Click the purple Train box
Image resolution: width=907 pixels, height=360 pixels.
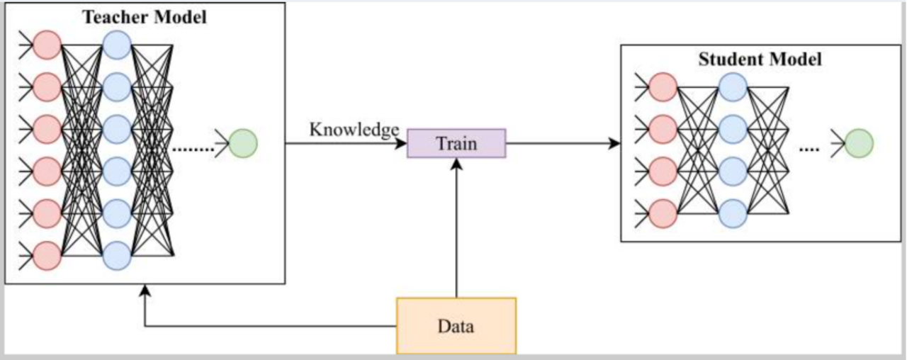[x=456, y=143]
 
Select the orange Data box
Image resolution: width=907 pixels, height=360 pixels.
[x=456, y=326]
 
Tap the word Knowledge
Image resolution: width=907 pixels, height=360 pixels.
[x=354, y=130]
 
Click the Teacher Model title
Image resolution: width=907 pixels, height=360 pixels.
[x=145, y=18]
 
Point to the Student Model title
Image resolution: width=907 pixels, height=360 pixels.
[x=760, y=60]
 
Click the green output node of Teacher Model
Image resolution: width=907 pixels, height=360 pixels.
[x=243, y=143]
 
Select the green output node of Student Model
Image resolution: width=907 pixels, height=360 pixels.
[x=859, y=143]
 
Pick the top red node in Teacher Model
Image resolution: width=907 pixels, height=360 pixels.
[x=47, y=45]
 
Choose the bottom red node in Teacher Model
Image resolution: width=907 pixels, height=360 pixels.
[x=47, y=255]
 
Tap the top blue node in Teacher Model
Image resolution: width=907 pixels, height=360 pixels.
[x=117, y=45]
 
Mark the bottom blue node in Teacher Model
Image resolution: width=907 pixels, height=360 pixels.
[x=117, y=255]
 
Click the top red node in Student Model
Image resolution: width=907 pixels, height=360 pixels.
[x=663, y=87]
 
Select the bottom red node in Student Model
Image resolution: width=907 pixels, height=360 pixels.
[x=663, y=213]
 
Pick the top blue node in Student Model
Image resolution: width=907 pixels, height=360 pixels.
[x=733, y=87]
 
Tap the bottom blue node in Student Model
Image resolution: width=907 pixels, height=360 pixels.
[x=733, y=213]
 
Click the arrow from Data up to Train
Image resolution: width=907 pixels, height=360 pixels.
[x=456, y=227]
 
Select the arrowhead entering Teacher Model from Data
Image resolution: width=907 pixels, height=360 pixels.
[x=145, y=291]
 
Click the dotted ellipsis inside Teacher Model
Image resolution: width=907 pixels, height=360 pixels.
[x=193, y=150]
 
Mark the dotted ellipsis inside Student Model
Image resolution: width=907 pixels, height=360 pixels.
[x=809, y=150]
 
